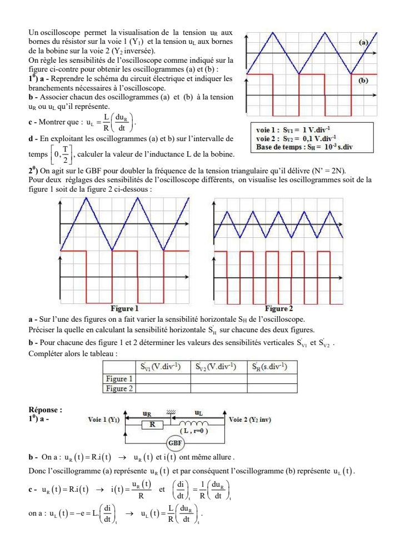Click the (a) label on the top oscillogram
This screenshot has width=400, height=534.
coord(364,42)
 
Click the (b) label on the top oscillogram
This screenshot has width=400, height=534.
coord(363,80)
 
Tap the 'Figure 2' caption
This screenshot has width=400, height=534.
coord(279,308)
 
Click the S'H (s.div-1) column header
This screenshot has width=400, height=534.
coord(271,366)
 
